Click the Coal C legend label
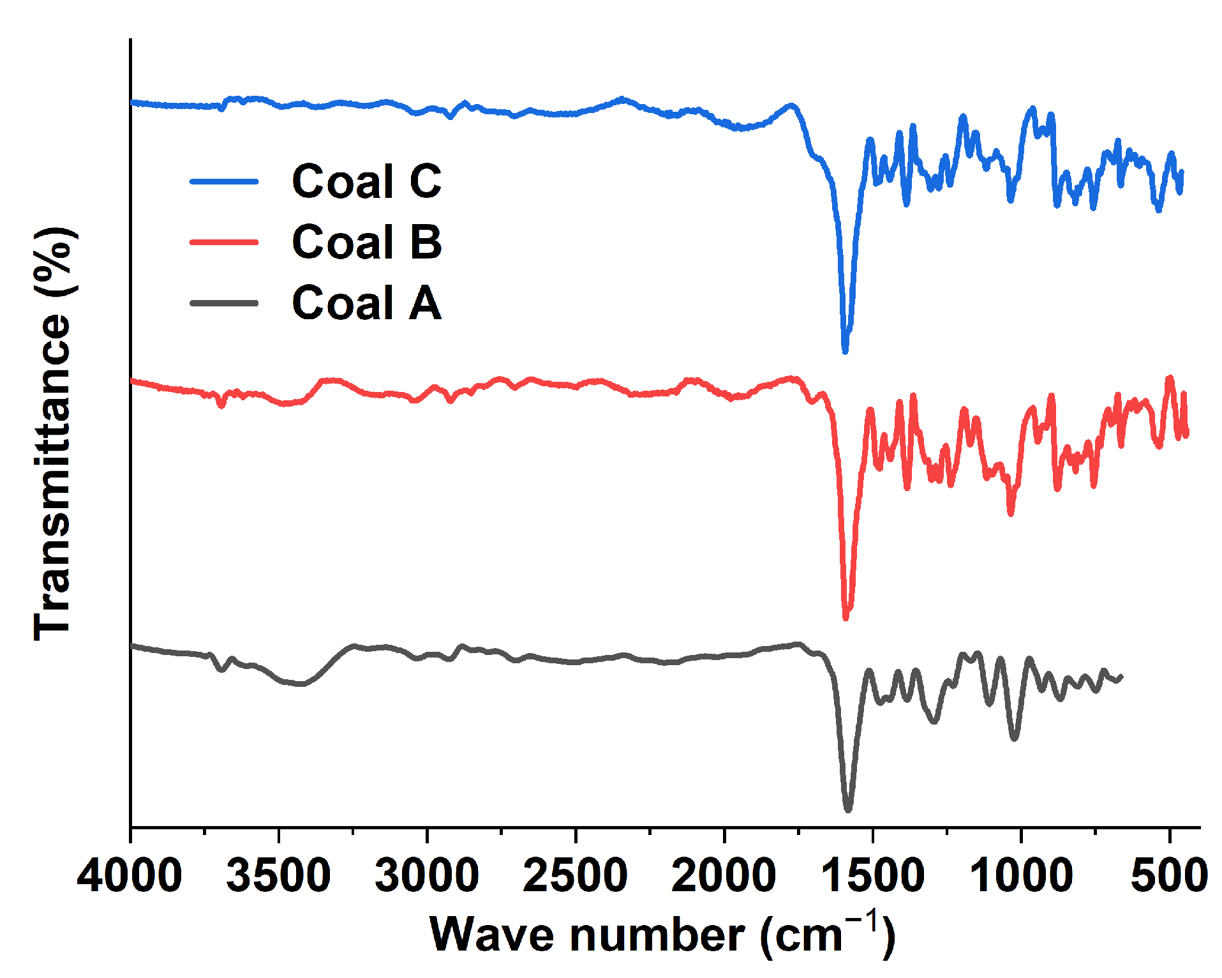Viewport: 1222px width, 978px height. tap(366, 181)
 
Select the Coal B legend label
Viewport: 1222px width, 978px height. tap(366, 242)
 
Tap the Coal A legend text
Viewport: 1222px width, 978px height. tap(366, 303)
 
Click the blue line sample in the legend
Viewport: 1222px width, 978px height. tap(224, 181)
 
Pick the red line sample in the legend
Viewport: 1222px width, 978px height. tap(224, 242)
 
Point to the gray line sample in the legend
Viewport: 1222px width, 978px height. tap(224, 303)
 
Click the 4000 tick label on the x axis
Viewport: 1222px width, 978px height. tap(130, 875)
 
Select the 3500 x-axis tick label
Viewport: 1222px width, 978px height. tap(278, 875)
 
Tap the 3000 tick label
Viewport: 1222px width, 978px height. tap(427, 875)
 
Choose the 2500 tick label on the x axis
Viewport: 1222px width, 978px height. tap(575, 875)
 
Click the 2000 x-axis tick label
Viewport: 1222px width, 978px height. tap(724, 875)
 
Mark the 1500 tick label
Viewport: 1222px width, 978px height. tap(872, 875)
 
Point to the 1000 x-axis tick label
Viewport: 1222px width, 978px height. tap(1020, 875)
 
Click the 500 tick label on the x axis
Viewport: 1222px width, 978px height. tap(1169, 875)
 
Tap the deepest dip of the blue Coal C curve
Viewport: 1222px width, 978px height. tap(846, 350)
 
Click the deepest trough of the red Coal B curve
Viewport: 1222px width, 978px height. tap(846, 617)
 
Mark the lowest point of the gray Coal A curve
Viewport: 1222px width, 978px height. tap(848, 809)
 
